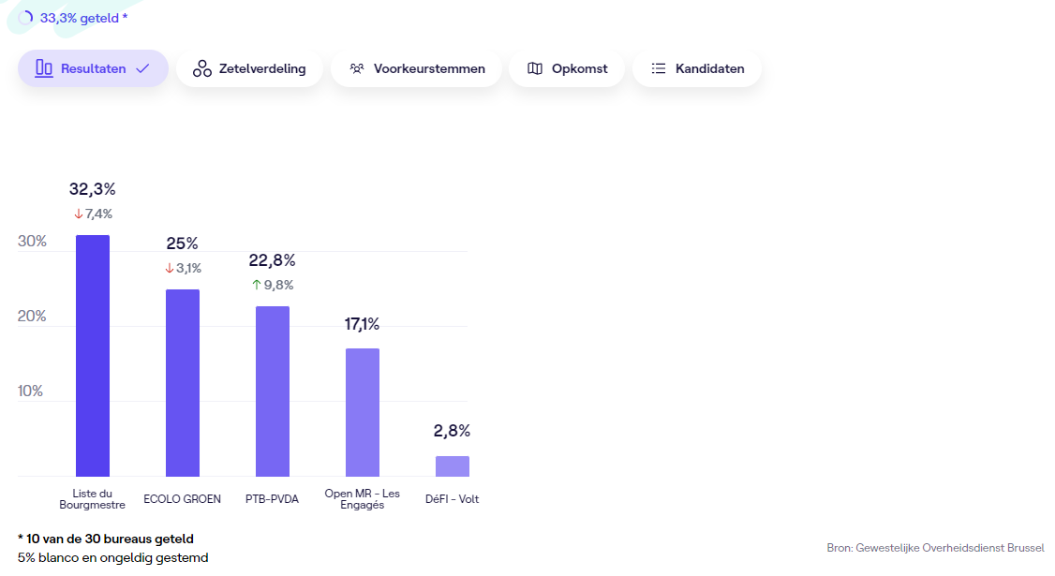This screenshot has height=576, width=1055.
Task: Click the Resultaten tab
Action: pos(93,68)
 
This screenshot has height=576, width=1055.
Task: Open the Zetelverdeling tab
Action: pos(249,68)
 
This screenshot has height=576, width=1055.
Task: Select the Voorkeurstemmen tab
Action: pos(417,68)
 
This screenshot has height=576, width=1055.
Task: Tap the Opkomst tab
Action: pos(567,68)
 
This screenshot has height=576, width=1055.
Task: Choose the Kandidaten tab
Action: pos(697,68)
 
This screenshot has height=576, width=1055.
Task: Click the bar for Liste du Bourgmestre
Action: pos(93,356)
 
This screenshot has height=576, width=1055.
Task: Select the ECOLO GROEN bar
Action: pos(183,383)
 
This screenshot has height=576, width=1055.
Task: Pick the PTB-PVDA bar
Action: pos(273,391)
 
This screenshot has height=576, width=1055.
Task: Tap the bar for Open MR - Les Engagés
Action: pos(363,412)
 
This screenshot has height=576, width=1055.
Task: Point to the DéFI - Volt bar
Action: pos(453,466)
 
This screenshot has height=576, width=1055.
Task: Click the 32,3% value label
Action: pos(93,189)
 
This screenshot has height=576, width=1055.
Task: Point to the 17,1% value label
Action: pos(363,324)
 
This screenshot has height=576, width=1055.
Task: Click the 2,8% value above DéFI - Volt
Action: pos(452,431)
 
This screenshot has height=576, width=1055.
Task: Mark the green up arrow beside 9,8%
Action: pos(256,285)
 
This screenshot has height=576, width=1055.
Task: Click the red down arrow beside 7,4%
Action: pos(79,214)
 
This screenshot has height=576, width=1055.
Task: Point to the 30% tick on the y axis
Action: pos(32,242)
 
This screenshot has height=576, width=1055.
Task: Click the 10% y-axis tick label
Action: pos(32,391)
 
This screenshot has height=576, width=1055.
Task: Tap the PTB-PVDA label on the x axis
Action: pos(272,499)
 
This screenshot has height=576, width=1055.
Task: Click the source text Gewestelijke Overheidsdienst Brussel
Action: pos(950,548)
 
